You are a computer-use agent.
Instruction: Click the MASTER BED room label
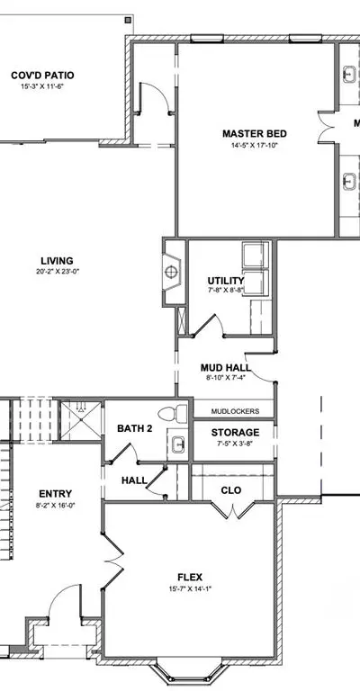click(x=254, y=133)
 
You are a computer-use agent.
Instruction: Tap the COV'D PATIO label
click(x=42, y=76)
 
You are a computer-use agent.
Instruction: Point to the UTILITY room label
click(x=226, y=281)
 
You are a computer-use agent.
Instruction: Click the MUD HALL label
click(x=225, y=367)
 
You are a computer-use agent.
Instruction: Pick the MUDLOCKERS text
click(x=235, y=411)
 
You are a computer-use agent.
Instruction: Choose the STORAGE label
click(x=235, y=432)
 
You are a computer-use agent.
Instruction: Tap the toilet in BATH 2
click(x=172, y=414)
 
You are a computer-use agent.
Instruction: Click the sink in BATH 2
click(x=178, y=444)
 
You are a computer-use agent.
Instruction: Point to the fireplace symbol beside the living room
click(x=171, y=273)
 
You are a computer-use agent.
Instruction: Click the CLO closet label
click(x=231, y=490)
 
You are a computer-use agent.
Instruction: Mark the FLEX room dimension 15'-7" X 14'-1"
click(x=191, y=588)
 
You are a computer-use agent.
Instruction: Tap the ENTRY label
click(x=55, y=494)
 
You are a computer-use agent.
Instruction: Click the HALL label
click(x=134, y=480)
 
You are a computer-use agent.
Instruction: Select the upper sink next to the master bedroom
click(x=349, y=74)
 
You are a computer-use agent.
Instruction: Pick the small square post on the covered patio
click(x=128, y=20)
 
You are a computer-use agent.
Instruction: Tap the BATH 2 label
click(x=134, y=428)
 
